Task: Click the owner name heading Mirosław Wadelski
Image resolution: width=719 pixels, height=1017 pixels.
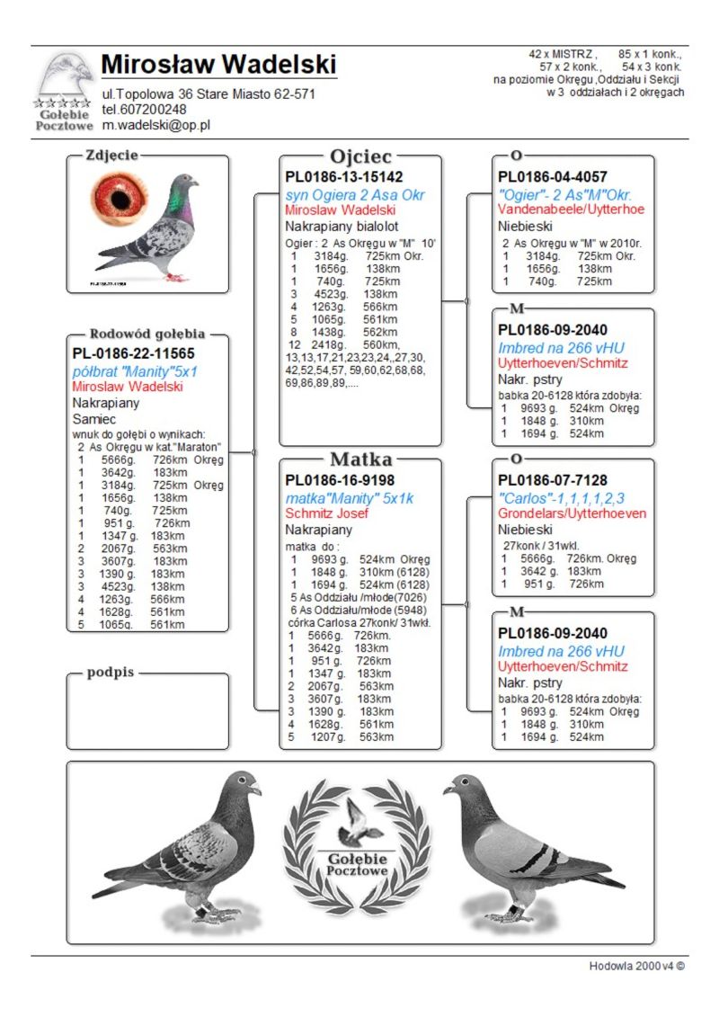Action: (x=218, y=65)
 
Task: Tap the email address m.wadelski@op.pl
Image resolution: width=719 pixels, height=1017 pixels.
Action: (x=155, y=125)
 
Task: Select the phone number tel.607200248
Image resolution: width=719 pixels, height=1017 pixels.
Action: (x=145, y=110)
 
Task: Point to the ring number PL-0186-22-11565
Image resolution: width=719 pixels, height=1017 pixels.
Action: (x=133, y=354)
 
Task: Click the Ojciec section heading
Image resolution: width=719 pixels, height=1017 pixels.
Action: (x=361, y=156)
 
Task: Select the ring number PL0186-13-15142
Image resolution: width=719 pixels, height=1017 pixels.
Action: (x=344, y=177)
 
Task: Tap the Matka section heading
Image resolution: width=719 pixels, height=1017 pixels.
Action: (x=361, y=460)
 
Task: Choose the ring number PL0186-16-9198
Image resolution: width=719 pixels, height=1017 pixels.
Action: (x=340, y=480)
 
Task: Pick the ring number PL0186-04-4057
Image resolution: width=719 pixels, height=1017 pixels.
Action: (x=553, y=177)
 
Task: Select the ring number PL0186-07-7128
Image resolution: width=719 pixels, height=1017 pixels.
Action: (x=553, y=480)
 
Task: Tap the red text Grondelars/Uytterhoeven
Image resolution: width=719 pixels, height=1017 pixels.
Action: (x=572, y=513)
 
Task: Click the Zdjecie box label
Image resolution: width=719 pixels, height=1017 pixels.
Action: (x=111, y=156)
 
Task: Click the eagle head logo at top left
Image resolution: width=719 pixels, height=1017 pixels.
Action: (x=65, y=76)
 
